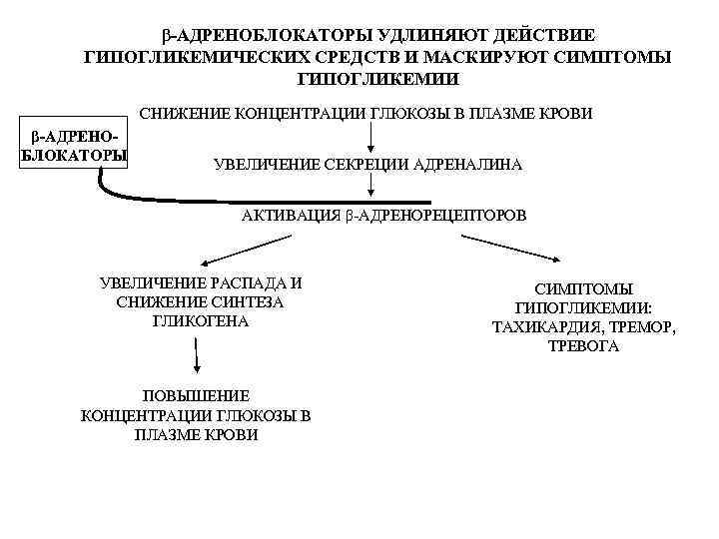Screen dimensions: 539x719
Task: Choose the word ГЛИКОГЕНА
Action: click(201, 321)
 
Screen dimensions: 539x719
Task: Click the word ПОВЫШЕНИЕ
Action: click(196, 395)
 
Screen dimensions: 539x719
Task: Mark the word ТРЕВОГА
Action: click(584, 346)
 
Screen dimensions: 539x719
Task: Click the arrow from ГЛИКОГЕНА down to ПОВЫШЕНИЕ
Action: click(197, 357)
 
